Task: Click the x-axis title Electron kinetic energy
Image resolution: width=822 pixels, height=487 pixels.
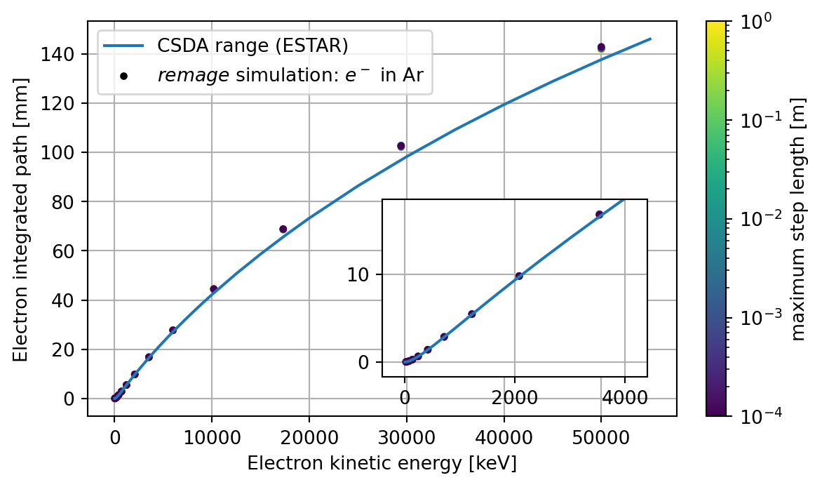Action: (x=382, y=464)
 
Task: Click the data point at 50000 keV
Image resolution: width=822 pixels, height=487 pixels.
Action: (x=601, y=48)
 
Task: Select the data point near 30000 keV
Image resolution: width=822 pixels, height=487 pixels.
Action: (x=401, y=146)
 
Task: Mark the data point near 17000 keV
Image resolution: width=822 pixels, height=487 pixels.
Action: (x=283, y=229)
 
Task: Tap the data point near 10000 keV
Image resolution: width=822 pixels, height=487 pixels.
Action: (x=213, y=288)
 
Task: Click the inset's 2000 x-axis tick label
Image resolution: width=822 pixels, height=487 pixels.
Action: (x=514, y=397)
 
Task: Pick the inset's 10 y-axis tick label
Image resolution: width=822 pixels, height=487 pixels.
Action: (x=358, y=274)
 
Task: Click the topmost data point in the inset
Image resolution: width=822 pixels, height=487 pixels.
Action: (x=599, y=214)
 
